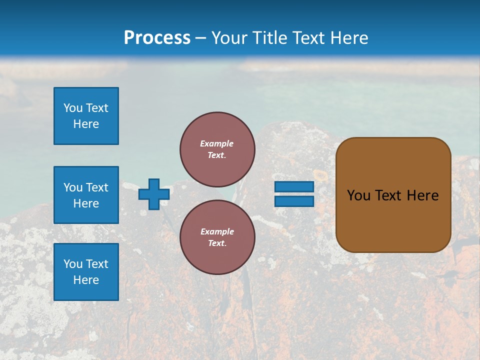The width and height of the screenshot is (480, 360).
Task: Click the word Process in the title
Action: tap(157, 38)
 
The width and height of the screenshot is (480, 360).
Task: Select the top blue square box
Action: tap(86, 116)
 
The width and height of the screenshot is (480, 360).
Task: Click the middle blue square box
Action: tap(86, 195)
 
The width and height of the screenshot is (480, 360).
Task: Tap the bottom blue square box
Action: tap(86, 272)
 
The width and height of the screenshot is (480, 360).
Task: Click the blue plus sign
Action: tap(154, 194)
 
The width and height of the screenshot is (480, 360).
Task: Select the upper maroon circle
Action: tap(217, 149)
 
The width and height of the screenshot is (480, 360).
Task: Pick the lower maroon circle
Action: tap(217, 237)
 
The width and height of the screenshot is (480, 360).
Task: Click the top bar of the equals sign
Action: tap(294, 186)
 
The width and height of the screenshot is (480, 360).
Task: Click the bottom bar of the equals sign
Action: tap(294, 201)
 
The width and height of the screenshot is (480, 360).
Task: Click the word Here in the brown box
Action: tap(422, 195)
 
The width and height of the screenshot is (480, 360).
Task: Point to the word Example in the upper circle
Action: tap(217, 143)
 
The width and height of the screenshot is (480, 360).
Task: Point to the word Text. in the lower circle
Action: tap(217, 243)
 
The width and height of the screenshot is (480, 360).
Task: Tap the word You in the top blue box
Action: tap(72, 108)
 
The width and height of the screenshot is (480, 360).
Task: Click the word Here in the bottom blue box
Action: tap(86, 280)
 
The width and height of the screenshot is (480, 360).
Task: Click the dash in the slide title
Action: tap(200, 38)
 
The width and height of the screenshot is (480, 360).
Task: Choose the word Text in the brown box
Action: tap(387, 195)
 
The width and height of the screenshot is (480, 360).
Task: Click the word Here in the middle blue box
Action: tap(86, 203)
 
